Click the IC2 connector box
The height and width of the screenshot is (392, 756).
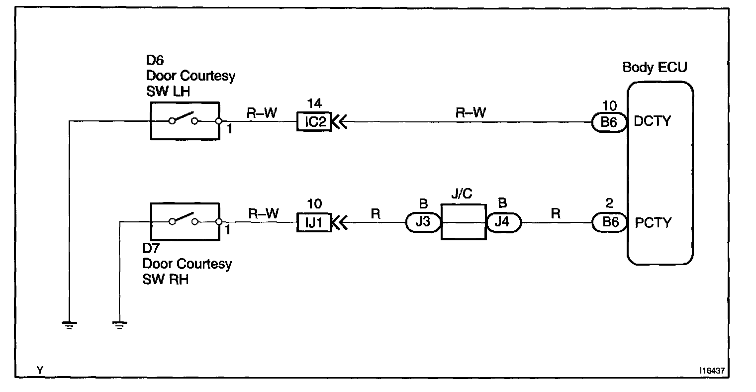click(x=314, y=122)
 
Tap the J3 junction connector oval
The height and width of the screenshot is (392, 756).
click(x=423, y=222)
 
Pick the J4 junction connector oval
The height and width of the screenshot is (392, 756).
click(x=504, y=222)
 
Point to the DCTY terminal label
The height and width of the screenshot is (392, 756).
click(x=652, y=121)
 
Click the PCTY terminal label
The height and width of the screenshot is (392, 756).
click(x=653, y=222)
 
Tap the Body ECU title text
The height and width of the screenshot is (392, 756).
click(x=655, y=67)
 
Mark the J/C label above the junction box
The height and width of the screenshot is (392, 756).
click(x=462, y=194)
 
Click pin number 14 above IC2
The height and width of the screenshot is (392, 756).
click(x=315, y=104)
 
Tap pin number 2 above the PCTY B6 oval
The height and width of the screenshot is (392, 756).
click(x=609, y=203)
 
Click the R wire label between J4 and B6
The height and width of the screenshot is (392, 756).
click(x=556, y=213)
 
